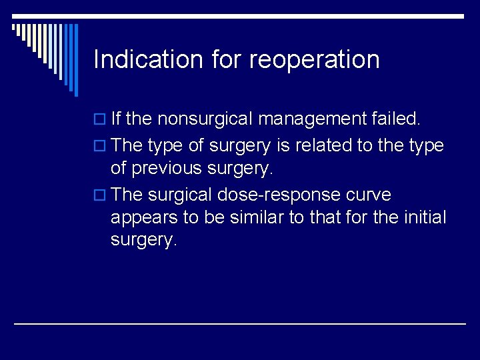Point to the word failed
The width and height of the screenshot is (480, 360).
[x=397, y=119]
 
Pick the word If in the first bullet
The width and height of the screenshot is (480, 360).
[x=115, y=119]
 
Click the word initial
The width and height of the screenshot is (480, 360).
[x=424, y=217]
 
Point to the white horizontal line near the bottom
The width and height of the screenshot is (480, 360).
[x=240, y=323]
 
